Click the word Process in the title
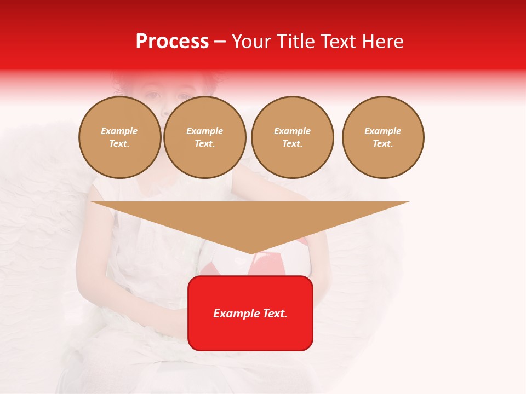click(x=172, y=42)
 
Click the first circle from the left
click(x=120, y=137)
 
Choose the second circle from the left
click(x=205, y=137)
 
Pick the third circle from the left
click(x=293, y=137)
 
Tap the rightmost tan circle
click(x=383, y=137)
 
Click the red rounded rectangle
click(x=250, y=334)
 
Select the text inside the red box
click(x=250, y=314)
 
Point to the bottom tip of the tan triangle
click(x=251, y=253)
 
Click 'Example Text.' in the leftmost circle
click(x=119, y=137)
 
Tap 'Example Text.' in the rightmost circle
click(x=383, y=137)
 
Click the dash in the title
click(x=220, y=42)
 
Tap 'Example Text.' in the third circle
click(x=293, y=137)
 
